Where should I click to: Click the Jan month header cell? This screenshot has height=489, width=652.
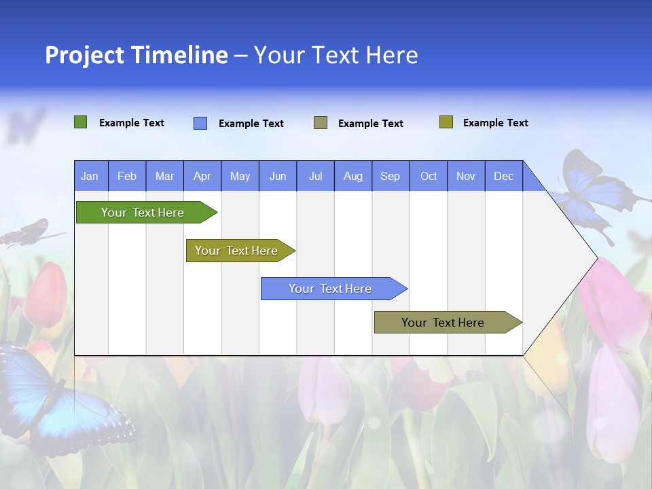[90, 176]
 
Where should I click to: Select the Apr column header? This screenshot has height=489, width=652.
[202, 176]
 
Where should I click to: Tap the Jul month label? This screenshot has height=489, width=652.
[315, 176]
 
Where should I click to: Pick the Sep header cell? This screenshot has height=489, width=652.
[391, 176]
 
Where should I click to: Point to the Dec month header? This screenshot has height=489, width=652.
[503, 176]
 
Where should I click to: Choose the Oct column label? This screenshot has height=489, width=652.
[429, 176]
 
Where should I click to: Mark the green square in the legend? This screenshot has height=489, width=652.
[80, 122]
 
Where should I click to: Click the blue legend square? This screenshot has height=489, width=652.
[200, 123]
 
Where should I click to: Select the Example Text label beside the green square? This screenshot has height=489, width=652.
[132, 123]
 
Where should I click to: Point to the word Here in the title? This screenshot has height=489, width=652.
[392, 55]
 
